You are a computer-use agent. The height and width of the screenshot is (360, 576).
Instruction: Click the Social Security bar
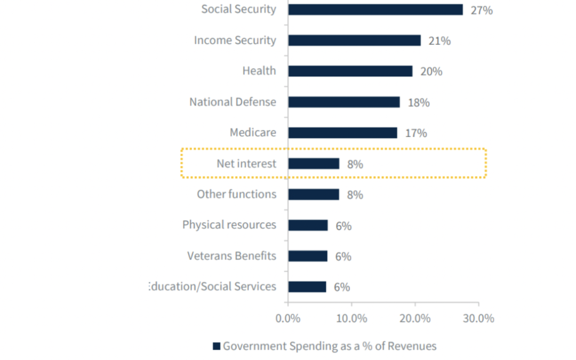click(x=375, y=10)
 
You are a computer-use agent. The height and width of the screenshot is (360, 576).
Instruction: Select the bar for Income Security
click(x=354, y=41)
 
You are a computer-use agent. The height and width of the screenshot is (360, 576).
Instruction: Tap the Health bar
click(x=350, y=71)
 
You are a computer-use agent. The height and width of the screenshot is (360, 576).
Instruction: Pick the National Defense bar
click(x=343, y=102)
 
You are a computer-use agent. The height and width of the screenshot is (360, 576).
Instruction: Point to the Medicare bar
click(x=342, y=133)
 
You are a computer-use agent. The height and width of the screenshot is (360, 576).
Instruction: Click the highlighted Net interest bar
click(x=314, y=164)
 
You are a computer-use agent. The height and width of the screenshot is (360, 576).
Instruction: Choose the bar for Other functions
click(x=314, y=194)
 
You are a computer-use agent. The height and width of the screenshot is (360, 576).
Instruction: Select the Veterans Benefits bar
click(x=308, y=256)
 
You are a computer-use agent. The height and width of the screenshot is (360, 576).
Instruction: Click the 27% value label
click(x=481, y=10)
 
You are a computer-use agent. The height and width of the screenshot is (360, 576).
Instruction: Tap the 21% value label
click(x=439, y=41)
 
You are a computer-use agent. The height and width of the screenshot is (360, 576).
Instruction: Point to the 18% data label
click(x=419, y=102)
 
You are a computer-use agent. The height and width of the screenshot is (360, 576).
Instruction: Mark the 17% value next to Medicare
click(x=416, y=133)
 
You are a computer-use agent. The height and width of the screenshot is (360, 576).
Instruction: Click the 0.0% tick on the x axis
click(x=287, y=318)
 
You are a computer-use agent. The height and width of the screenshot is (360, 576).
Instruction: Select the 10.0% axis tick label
click(x=351, y=318)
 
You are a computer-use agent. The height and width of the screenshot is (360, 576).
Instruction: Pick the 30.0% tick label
click(x=478, y=318)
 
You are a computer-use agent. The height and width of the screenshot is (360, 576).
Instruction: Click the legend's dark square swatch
click(x=217, y=346)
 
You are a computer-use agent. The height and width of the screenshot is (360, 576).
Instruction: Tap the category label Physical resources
click(x=229, y=225)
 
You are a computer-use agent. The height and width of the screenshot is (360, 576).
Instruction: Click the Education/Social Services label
click(x=213, y=286)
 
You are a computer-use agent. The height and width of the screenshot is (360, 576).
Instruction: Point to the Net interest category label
click(x=246, y=163)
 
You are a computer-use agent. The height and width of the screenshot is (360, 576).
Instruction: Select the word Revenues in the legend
click(x=412, y=346)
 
